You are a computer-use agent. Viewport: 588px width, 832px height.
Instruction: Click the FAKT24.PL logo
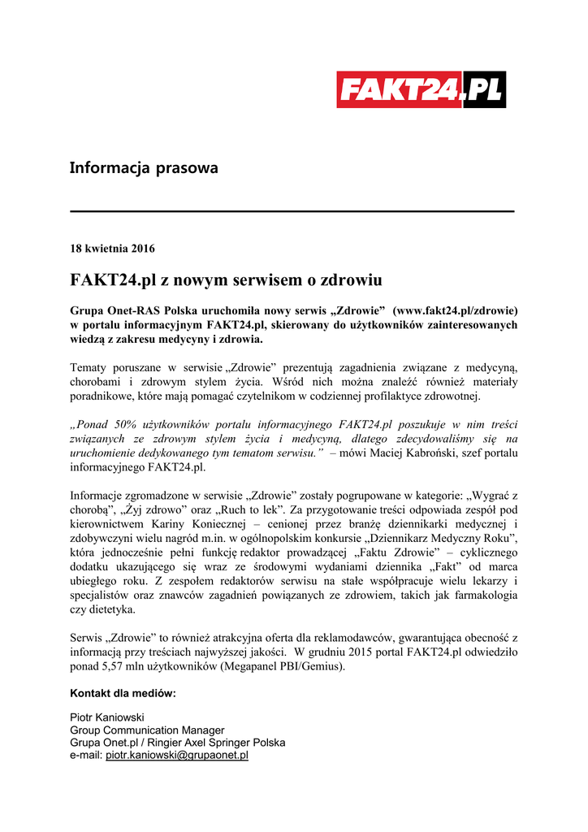click(421, 89)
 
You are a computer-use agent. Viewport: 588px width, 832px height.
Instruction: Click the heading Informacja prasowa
click(144, 168)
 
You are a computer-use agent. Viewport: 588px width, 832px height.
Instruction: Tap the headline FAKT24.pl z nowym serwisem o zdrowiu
click(226, 280)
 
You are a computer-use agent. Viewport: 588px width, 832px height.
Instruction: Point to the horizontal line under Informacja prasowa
click(292, 211)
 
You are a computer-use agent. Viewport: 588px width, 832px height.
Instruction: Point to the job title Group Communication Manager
click(147, 730)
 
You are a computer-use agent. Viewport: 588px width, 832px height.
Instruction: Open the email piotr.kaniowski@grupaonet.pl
click(177, 755)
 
